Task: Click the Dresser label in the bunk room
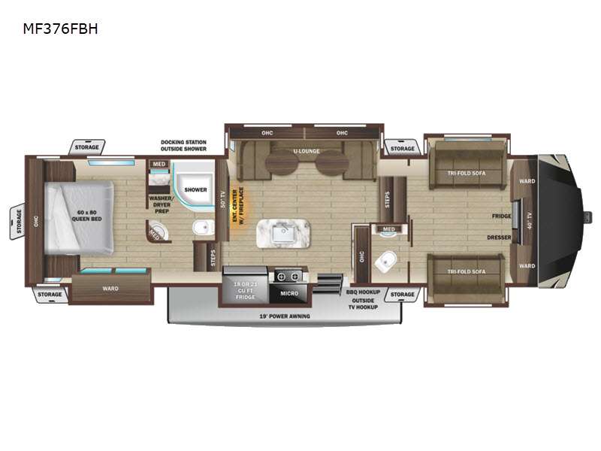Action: tap(499, 238)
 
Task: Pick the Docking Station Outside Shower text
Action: tap(183, 145)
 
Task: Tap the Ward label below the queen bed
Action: tap(110, 287)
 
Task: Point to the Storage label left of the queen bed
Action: tap(16, 222)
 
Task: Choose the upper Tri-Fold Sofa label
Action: tap(466, 171)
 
